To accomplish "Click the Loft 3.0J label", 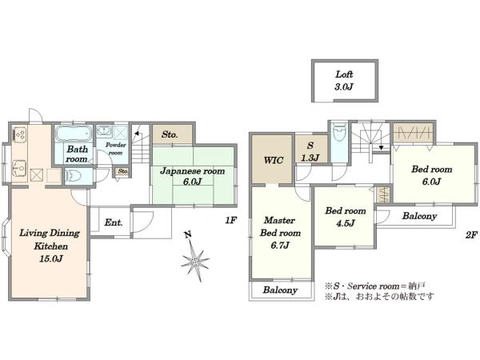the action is pos(344,81).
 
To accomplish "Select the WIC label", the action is pos(274,160).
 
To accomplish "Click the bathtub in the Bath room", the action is pos(74,133).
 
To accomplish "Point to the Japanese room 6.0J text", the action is pos(193,176).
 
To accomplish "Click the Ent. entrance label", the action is pos(114,222).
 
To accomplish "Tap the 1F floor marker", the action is pos(231,220).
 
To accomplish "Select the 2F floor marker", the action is pos(471,234).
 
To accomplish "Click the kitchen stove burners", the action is pos(20,134).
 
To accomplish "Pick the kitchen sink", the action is pos(19,168).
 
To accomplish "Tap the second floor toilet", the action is pos(339,132).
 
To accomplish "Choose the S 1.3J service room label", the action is pos(310,151).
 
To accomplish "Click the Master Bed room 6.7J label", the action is pos(280,233).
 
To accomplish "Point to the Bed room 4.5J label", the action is pos(346,217).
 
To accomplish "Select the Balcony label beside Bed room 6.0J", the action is pos(419,216).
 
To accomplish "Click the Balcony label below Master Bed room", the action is pos(280,290).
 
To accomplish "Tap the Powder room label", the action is pos(116,149).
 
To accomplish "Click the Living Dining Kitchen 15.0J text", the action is pos(50,246).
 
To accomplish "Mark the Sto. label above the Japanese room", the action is pos(170,134).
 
